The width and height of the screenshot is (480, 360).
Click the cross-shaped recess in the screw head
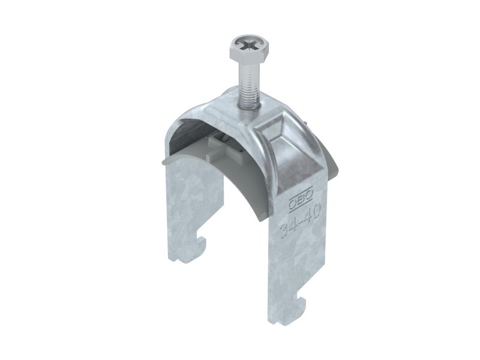click(249, 47)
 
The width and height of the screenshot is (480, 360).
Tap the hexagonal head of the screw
click(249, 49)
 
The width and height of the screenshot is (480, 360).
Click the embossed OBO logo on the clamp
click(301, 199)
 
